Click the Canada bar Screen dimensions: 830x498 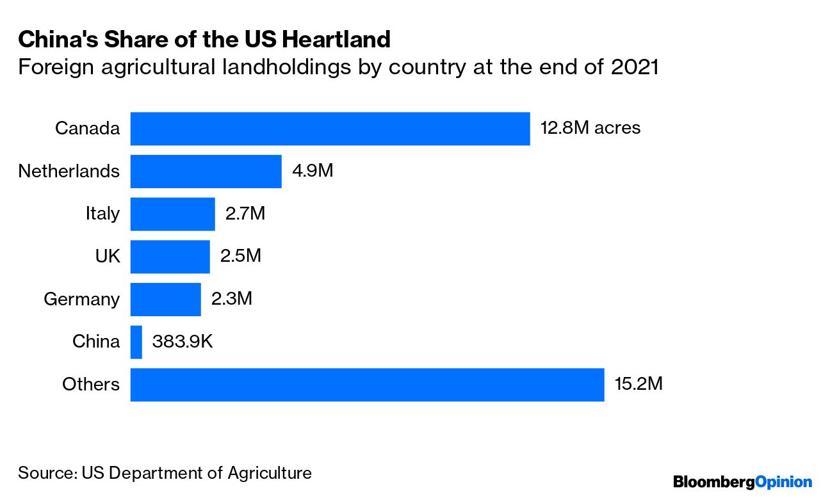(x=330, y=129)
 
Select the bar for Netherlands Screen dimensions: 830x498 (x=206, y=172)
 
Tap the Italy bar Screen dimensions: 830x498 (x=173, y=214)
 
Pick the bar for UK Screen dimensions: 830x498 (x=170, y=257)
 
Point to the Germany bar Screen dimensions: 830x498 (x=166, y=300)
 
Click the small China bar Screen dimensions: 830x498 (x=136, y=342)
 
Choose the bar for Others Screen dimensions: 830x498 (x=367, y=385)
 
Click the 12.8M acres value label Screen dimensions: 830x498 (x=590, y=128)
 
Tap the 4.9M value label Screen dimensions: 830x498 (x=313, y=171)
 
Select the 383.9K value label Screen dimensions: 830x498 (x=183, y=341)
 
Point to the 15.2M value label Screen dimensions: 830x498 (x=639, y=383)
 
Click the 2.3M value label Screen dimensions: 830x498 (x=232, y=298)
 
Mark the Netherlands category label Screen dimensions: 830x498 (x=69, y=171)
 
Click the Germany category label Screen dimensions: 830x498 (x=82, y=299)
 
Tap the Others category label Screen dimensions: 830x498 (x=91, y=384)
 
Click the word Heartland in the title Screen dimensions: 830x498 (x=336, y=39)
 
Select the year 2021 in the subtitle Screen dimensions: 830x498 (x=635, y=67)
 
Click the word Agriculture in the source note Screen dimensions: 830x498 (x=270, y=473)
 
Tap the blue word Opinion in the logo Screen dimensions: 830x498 (x=784, y=482)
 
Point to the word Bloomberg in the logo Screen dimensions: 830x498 (x=714, y=482)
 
